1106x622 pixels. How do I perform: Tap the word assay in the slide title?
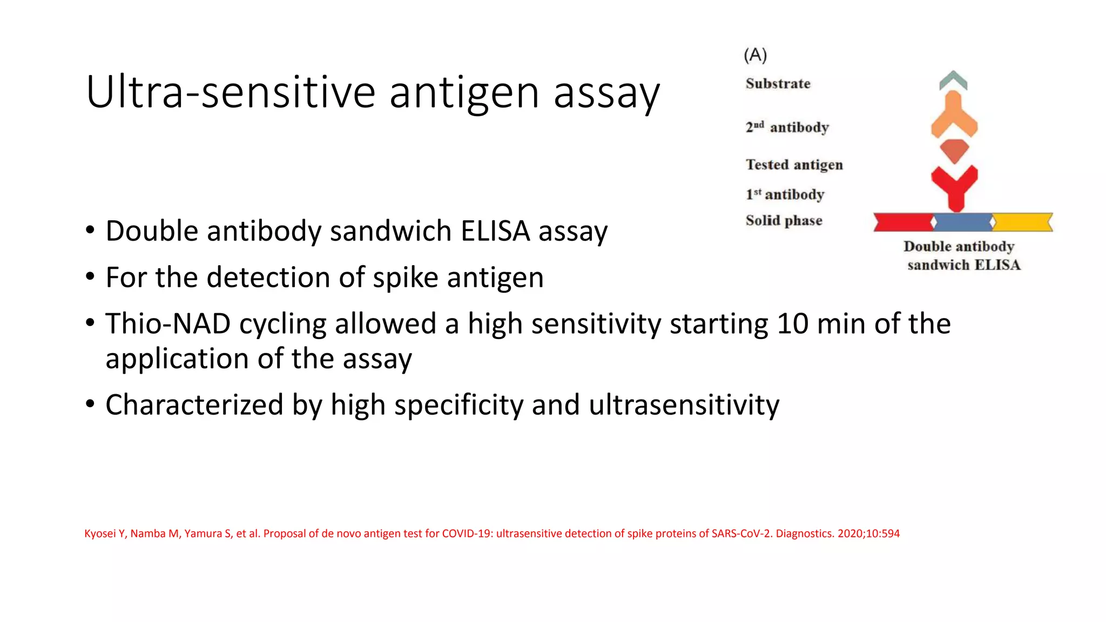point(606,93)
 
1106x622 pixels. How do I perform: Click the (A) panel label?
point(755,55)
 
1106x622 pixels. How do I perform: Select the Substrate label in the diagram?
point(778,84)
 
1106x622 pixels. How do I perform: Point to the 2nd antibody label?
point(787,127)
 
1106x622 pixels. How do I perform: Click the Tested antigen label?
point(794,165)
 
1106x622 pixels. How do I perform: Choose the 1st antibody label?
point(785,194)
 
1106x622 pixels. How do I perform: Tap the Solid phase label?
point(784,220)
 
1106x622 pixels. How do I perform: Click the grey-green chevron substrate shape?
point(953,80)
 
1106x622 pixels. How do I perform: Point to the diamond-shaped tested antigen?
point(954,151)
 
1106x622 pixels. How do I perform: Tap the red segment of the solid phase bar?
point(903,222)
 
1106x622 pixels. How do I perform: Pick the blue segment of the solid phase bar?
point(962,222)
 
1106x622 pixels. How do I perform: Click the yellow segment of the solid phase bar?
point(1022,222)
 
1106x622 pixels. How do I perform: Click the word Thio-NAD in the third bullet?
point(168,324)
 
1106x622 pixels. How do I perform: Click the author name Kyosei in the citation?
point(100,533)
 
